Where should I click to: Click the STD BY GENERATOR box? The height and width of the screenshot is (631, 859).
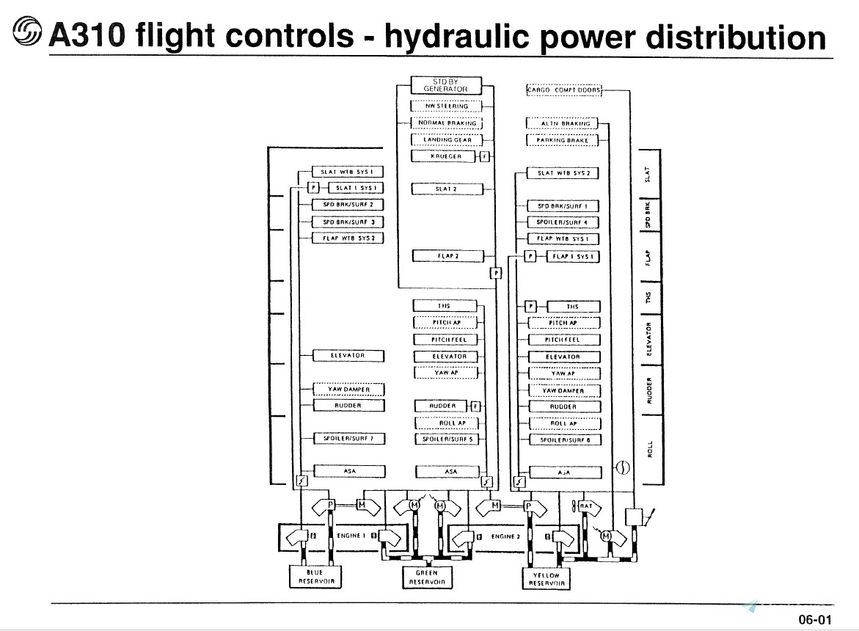pyautogui.click(x=445, y=85)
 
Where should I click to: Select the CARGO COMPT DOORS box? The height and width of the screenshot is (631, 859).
pyautogui.click(x=563, y=90)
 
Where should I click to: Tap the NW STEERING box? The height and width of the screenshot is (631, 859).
pyautogui.click(x=445, y=106)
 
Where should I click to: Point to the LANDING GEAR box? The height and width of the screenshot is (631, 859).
pyautogui.click(x=445, y=139)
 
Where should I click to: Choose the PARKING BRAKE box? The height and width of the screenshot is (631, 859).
pyautogui.click(x=563, y=139)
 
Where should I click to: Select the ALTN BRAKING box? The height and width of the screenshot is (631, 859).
pyautogui.click(x=563, y=123)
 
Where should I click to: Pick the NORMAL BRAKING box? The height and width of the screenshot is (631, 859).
pyautogui.click(x=445, y=123)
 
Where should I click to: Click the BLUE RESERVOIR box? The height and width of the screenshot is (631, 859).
pyautogui.click(x=315, y=576)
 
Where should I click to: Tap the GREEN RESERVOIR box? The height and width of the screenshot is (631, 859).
pyautogui.click(x=426, y=577)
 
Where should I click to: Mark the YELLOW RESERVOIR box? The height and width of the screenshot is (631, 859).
pyautogui.click(x=547, y=579)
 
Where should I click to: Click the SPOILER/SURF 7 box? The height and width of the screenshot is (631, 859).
pyautogui.click(x=349, y=439)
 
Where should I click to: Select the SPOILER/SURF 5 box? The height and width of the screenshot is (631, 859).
pyautogui.click(x=446, y=439)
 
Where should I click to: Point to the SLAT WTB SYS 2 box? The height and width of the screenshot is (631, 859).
pyautogui.click(x=563, y=174)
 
